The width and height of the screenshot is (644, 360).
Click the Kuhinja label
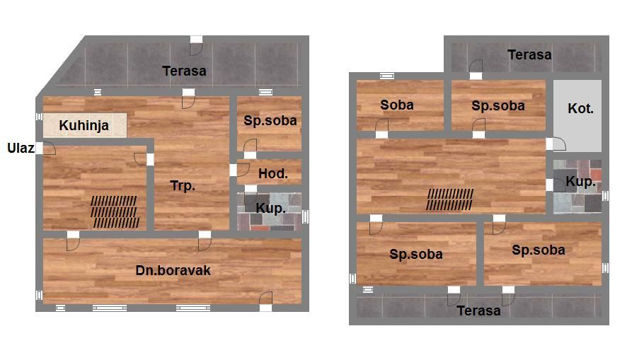click(x=84, y=125)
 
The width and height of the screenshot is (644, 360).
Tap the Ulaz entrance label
click(x=21, y=148)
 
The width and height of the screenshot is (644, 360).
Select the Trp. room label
click(x=183, y=186)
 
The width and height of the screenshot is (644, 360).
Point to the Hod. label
click(x=273, y=174)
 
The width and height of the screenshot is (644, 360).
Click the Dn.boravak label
click(x=173, y=270)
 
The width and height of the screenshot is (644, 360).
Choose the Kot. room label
click(x=581, y=109)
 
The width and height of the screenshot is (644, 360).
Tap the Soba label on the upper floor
click(x=397, y=105)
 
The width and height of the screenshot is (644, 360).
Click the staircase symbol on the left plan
click(x=114, y=211)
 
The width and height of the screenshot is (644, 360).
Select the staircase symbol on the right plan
click(x=449, y=199)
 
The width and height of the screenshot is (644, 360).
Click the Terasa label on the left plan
click(x=184, y=71)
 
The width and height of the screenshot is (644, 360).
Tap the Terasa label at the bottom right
click(x=478, y=310)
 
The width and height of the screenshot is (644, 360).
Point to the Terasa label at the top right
click(x=529, y=54)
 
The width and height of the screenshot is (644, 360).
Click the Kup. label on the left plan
click(x=270, y=209)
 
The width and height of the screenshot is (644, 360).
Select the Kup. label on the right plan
click(x=581, y=182)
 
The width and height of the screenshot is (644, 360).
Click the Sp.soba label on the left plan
click(x=270, y=120)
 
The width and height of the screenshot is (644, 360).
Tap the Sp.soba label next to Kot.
click(x=498, y=106)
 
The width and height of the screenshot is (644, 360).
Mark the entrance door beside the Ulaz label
click(x=46, y=149)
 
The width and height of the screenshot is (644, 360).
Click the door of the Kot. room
click(x=556, y=144)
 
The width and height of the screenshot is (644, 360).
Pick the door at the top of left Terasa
click(x=196, y=45)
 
